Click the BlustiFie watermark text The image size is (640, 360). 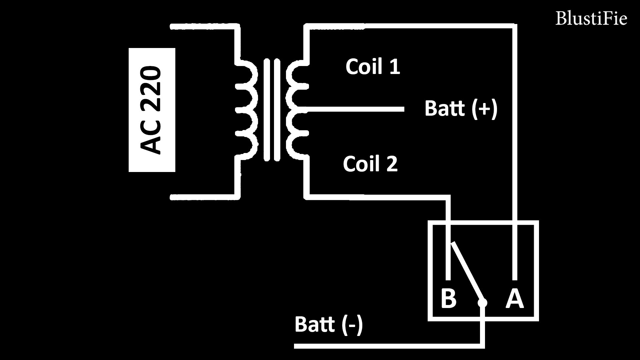point(591,19)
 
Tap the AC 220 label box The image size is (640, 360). point(152,110)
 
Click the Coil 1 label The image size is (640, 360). point(373,67)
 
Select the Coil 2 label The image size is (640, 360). point(370,164)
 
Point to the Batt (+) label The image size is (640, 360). point(461,109)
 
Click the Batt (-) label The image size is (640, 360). point(329,324)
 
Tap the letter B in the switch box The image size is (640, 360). point(448,299)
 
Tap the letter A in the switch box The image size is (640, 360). point(515,299)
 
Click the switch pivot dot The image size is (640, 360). point(482,303)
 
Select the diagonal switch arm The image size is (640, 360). point(466,272)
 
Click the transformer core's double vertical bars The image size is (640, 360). point(272,110)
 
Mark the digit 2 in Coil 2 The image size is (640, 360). point(392,164)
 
